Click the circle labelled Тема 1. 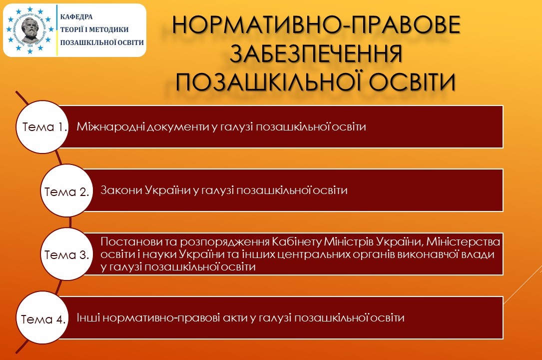click(42, 127)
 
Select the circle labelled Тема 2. click(67, 190)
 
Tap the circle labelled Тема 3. click(67, 254)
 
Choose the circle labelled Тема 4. click(42, 318)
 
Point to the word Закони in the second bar click(121, 190)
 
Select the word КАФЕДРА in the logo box click(76, 16)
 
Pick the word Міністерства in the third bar click(463, 241)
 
